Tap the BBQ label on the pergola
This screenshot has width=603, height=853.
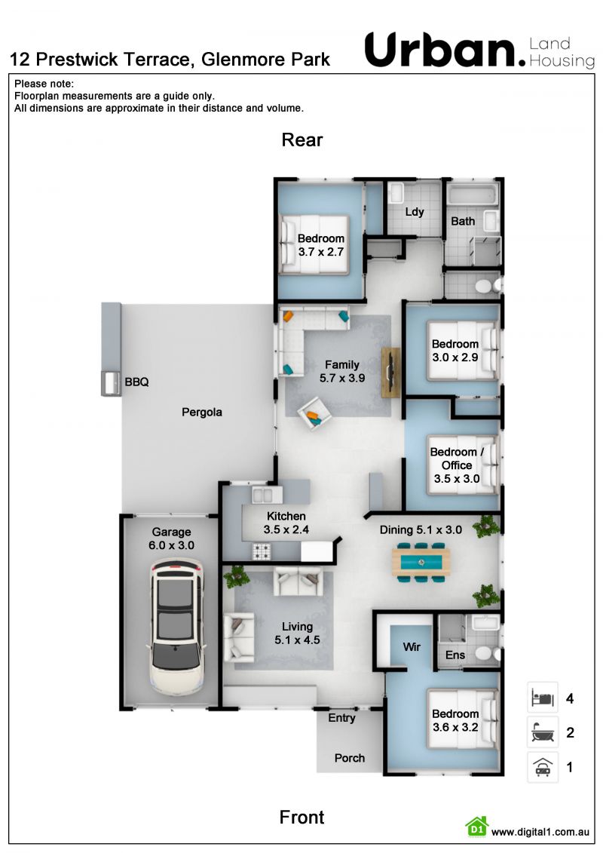click(x=136, y=382)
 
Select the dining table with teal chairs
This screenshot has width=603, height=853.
click(x=421, y=561)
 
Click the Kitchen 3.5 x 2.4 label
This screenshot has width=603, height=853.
click(x=286, y=523)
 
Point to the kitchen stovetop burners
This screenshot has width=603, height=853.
click(x=261, y=551)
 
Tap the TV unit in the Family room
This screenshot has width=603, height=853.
click(x=391, y=372)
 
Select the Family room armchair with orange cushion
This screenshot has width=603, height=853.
click(x=314, y=413)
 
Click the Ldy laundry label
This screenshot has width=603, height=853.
click(x=415, y=212)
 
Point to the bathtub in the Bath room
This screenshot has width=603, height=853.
click(x=472, y=195)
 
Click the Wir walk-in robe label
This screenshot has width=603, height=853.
click(x=412, y=646)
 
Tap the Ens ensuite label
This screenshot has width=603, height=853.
click(x=455, y=655)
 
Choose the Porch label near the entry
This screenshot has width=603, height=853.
click(x=350, y=758)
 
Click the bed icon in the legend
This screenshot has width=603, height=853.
click(x=543, y=697)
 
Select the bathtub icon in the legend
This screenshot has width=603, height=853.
click(x=543, y=732)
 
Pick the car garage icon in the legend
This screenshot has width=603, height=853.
click(x=543, y=766)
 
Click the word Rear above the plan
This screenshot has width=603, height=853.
click(x=302, y=140)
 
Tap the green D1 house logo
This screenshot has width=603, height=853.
click(x=477, y=827)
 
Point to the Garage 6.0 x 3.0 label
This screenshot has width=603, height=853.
click(x=171, y=538)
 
